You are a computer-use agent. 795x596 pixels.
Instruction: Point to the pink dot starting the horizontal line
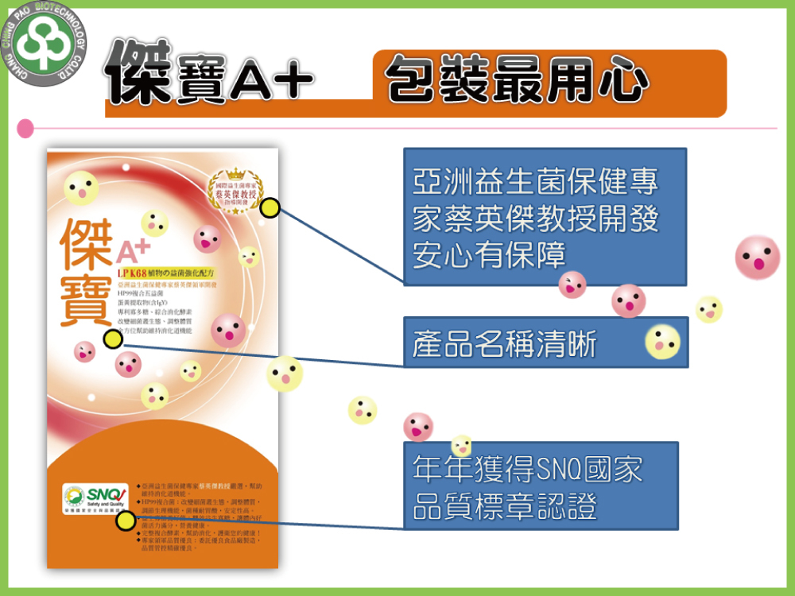pyautogui.click(x=25, y=127)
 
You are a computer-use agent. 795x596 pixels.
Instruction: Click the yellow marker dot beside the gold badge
pyautogui.click(x=270, y=208)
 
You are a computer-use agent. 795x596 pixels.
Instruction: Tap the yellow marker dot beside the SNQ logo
pyautogui.click(x=126, y=521)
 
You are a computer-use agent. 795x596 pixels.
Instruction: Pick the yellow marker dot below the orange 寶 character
pyautogui.click(x=113, y=339)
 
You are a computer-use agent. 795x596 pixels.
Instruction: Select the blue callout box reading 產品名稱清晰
pyautogui.click(x=545, y=342)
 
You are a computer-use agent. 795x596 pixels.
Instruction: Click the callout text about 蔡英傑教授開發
pyautogui.click(x=536, y=219)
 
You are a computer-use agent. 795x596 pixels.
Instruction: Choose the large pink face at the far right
pyautogui.click(x=757, y=257)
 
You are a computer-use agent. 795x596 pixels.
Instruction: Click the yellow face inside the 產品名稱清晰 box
pyautogui.click(x=662, y=341)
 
